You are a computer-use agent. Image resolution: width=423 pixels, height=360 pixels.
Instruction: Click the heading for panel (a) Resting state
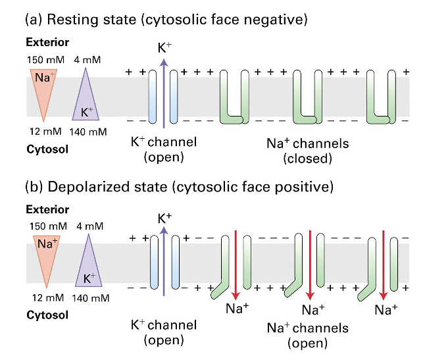click(166, 20)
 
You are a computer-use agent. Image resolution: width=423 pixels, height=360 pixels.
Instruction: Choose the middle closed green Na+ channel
click(309, 99)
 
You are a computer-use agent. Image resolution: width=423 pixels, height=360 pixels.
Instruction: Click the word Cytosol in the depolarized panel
click(47, 315)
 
